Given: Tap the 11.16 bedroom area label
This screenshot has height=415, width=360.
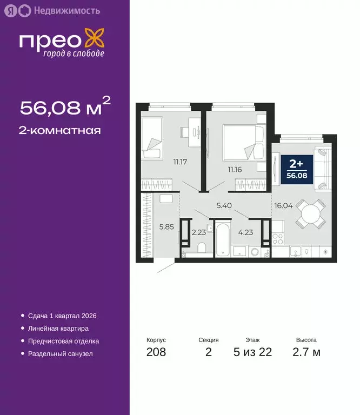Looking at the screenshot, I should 235,169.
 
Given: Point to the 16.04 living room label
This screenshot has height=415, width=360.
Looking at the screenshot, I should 283,205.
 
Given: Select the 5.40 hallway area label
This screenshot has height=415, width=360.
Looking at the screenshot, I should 224,205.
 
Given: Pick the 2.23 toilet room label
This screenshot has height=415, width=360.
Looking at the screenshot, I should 198,233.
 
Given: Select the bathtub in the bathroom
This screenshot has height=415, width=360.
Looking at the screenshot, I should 223,238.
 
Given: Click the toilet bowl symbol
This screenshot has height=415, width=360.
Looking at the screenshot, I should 202,248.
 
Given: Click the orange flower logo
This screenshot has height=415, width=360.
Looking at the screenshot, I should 97,41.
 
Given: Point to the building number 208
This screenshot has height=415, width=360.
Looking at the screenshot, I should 156,352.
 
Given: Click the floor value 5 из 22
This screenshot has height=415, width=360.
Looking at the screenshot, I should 252,352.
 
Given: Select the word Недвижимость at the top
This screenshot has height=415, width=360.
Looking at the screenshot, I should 58,10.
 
